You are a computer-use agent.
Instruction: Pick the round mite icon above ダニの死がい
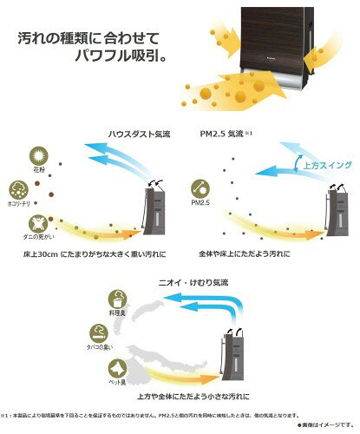pyautogui.click(x=38, y=225)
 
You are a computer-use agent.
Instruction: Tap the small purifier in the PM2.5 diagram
pyautogui.click(x=337, y=217)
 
